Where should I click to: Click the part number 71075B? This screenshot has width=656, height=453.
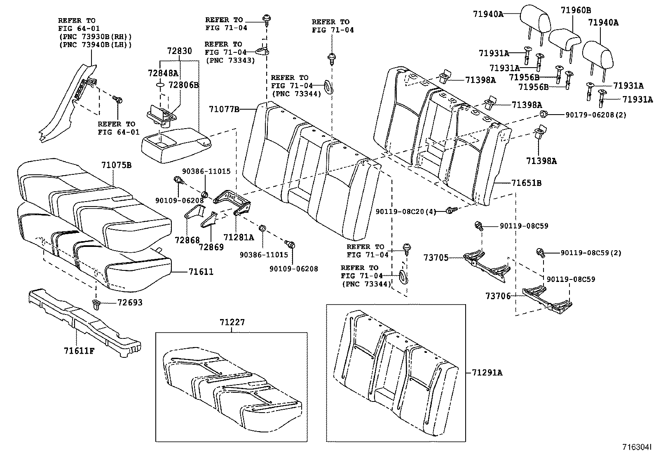(x=116, y=165)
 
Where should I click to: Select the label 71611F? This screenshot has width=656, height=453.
(x=79, y=351)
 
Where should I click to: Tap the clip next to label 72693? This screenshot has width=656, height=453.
(x=96, y=304)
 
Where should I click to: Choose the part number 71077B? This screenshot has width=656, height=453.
(x=224, y=109)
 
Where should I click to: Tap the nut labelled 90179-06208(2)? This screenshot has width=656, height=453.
(x=543, y=114)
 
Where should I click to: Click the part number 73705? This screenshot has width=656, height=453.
(x=436, y=258)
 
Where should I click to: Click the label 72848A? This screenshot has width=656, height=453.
(x=163, y=73)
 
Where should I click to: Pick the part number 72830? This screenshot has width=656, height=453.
(x=179, y=51)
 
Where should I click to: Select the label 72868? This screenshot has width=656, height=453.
(x=187, y=240)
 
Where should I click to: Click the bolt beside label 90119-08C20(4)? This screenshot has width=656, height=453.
(x=451, y=211)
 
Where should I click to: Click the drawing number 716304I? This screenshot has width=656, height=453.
(x=637, y=447)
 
